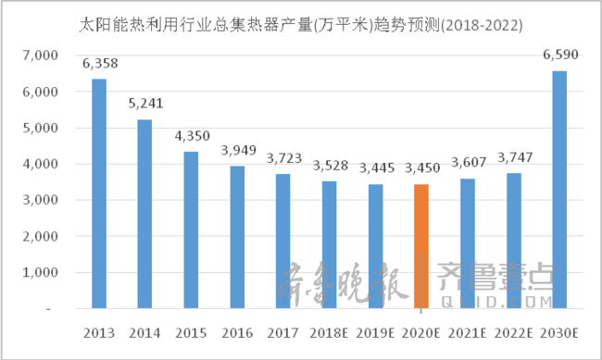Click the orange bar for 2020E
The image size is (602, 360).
(421, 245)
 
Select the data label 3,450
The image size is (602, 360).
(421, 168)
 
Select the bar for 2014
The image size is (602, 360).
(144, 213)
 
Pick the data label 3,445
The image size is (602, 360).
(375, 169)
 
